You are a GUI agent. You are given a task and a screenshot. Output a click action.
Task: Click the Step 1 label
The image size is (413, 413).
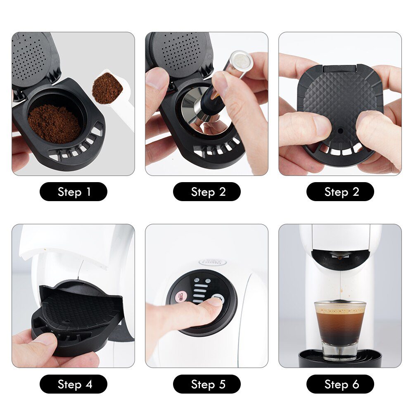73,192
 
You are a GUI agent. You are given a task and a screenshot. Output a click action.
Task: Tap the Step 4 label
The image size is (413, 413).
73,384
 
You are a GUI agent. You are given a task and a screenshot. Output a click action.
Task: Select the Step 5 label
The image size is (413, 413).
206,384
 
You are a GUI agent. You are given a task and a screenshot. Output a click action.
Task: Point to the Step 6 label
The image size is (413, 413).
340,384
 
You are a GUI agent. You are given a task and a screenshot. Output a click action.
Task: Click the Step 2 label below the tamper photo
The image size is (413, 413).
206,192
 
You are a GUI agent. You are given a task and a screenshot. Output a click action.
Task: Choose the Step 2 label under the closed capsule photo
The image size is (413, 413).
340,192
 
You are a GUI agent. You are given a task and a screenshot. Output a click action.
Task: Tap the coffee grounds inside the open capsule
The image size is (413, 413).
54,123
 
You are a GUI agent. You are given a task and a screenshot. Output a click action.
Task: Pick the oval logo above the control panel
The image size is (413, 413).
212,262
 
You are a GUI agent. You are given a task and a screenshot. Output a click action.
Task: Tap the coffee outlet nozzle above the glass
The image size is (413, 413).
340,257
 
